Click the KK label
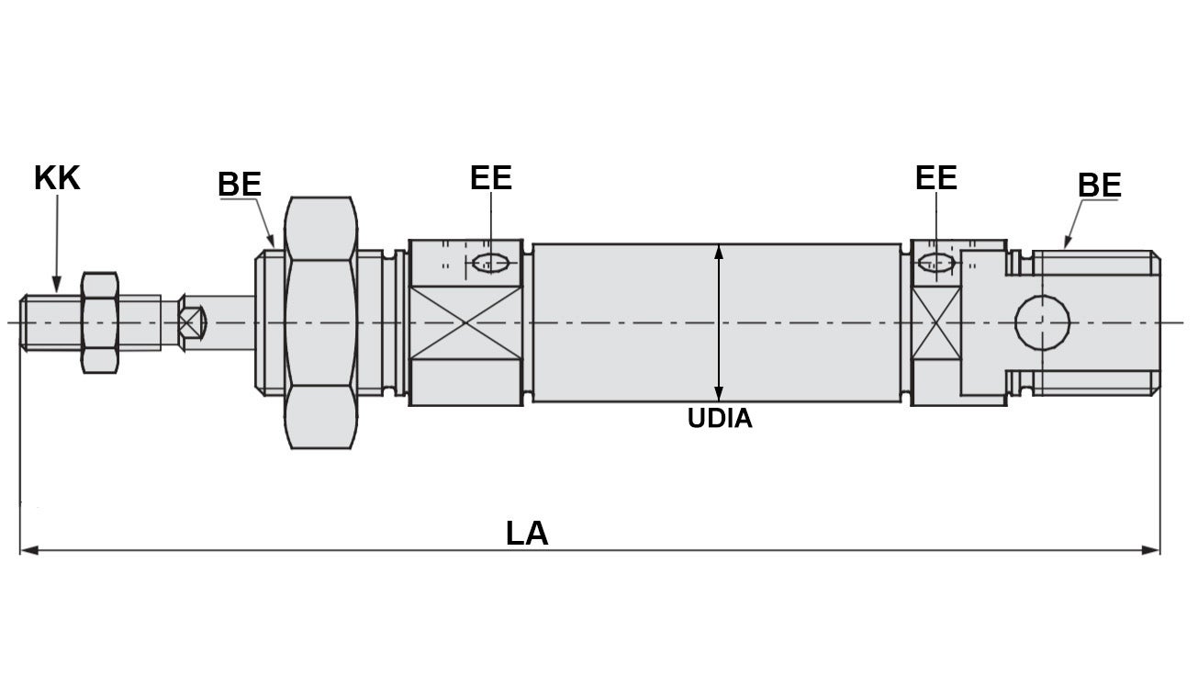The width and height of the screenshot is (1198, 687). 57,178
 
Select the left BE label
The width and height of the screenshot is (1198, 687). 240,185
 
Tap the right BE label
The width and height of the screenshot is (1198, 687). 1099,186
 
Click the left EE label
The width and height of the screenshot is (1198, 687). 490,177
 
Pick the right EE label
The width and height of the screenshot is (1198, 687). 935,177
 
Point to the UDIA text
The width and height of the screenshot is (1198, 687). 720,419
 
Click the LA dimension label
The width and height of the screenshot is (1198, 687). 526,534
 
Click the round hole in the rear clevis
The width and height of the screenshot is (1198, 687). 1042,322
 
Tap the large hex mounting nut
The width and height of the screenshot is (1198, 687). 319,322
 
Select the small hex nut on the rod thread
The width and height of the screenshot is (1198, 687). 99,322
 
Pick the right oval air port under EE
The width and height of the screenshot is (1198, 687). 936,262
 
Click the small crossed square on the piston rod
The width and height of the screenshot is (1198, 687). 191,322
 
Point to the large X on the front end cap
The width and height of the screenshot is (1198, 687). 466,322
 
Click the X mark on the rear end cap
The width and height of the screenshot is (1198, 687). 935,322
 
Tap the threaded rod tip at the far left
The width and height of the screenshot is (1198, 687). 37,322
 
